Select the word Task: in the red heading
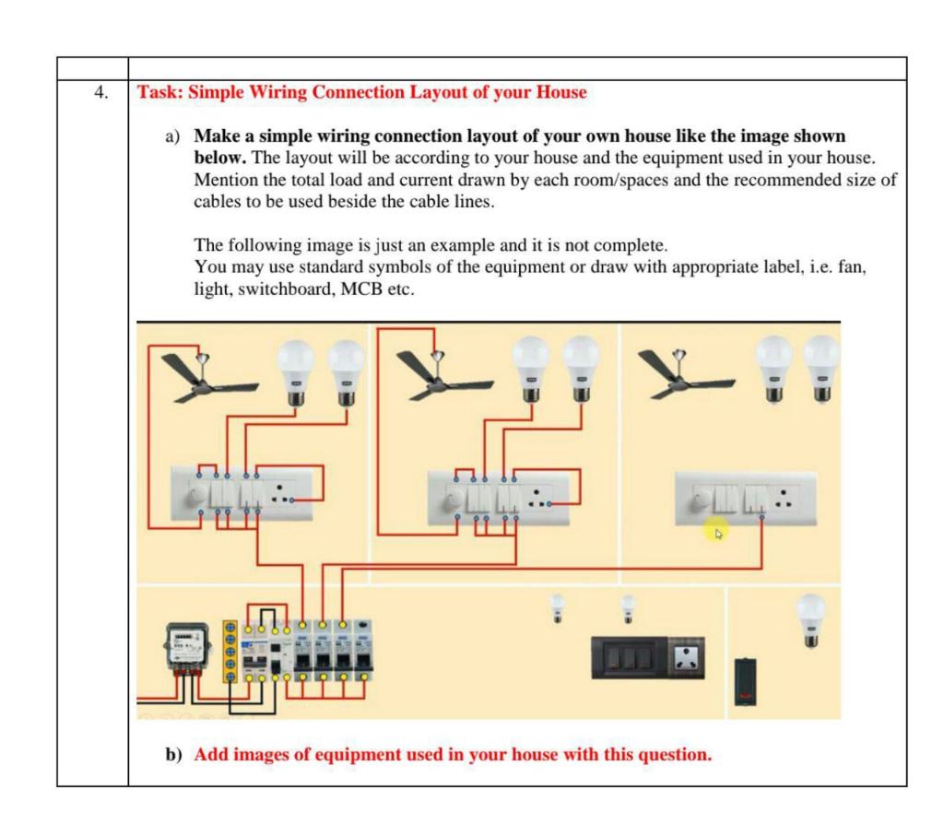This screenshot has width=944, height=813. pos(159,93)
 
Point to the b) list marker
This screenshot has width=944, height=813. pos(173,753)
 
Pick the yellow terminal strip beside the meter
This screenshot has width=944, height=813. pos(234,654)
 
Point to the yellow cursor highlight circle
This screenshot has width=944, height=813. pos(714,529)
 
